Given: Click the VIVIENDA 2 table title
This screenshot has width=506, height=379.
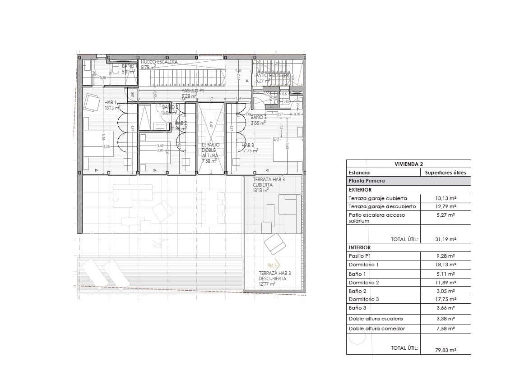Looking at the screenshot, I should [408, 164].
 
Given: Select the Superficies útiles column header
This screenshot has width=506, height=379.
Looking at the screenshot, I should [445, 172].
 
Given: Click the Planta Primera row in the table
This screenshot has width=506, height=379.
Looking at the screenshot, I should [367, 181].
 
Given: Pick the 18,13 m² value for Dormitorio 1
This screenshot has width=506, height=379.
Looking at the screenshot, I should [445, 265].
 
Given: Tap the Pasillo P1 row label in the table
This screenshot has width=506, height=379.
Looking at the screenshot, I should [360, 256].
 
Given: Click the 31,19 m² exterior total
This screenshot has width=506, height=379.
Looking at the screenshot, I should [445, 239].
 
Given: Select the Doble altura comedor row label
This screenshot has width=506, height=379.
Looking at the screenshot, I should [370, 329].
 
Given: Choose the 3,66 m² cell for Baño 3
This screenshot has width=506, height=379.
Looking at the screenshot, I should [445, 308].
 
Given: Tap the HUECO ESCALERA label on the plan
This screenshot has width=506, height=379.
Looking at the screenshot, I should [159, 62].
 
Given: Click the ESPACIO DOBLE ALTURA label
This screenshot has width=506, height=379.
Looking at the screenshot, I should [210, 152].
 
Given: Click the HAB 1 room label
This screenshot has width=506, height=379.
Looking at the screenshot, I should [110, 102].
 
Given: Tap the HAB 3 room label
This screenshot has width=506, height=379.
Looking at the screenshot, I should [248, 146].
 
